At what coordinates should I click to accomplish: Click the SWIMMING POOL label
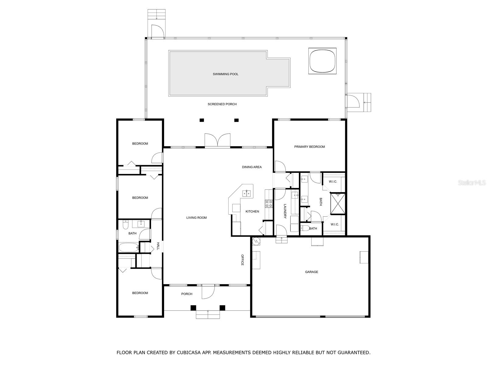point(226,74)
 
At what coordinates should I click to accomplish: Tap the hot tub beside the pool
point(322,61)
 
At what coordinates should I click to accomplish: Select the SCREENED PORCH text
point(222,104)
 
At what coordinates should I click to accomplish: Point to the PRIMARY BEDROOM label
point(310,147)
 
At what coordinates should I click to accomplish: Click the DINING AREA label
point(252,167)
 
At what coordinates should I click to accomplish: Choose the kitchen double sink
point(246,194)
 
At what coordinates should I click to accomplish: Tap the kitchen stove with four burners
point(269,204)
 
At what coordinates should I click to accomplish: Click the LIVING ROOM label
point(196,217)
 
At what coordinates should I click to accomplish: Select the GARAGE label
point(311,272)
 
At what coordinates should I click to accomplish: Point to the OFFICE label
point(243,260)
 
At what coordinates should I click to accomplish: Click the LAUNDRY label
point(285,211)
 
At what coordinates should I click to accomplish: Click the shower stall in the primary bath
point(338,204)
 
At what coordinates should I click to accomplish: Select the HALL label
point(158,246)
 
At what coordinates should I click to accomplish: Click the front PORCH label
point(187,294)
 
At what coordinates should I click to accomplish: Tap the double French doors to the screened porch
point(217,140)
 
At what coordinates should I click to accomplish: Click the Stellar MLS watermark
point(472,182)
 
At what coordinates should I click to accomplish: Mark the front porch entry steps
point(208,315)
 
